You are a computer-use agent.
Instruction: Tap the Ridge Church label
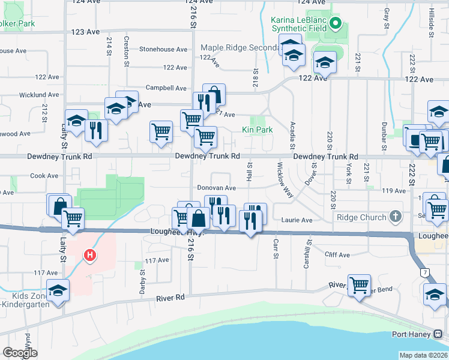point(361,217)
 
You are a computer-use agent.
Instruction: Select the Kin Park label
point(257,130)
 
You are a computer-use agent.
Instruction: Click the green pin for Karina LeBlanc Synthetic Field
point(336,25)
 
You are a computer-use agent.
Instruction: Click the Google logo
point(20,353)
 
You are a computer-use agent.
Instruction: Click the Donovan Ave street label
point(217,188)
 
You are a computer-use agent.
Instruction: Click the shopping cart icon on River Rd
point(359,284)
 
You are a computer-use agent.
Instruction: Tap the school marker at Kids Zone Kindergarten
point(58,291)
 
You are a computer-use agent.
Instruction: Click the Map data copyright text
point(424,355)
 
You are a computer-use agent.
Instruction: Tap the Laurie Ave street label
point(298,220)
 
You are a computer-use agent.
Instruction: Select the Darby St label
point(142,280)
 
